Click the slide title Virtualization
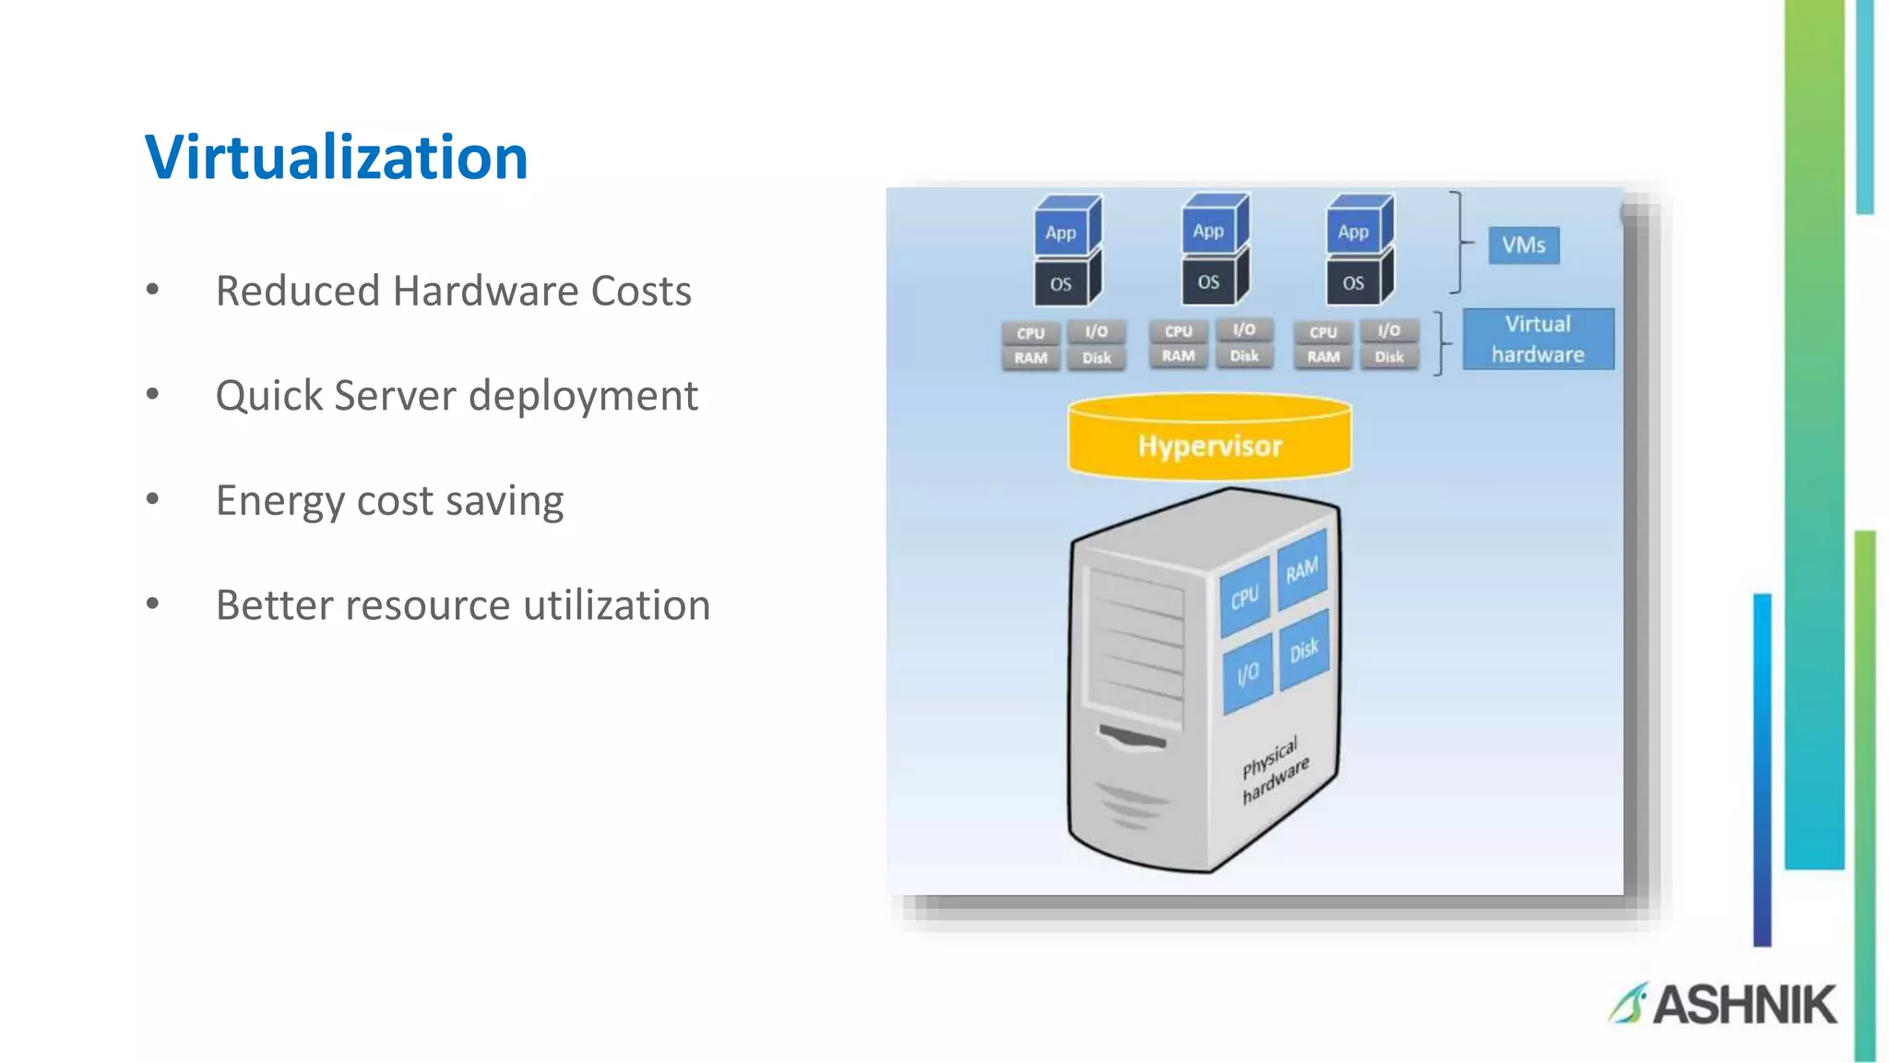point(336,157)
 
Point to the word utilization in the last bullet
point(617,605)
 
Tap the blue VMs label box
point(1523,245)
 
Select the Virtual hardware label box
point(1538,339)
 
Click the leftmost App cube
point(1063,230)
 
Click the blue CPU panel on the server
point(1244,598)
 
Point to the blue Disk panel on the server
point(1302,651)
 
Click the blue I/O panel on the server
point(1247,675)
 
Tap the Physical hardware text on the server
point(1274,770)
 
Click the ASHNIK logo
point(1723,1004)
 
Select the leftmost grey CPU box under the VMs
point(1030,333)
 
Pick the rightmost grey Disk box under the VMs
point(1389,357)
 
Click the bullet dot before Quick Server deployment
point(153,395)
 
